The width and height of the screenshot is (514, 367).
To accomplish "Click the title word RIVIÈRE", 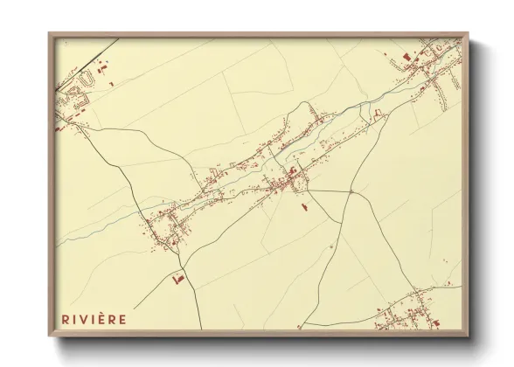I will click(94, 319).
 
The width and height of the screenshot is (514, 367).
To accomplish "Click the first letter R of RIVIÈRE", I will click(65, 319).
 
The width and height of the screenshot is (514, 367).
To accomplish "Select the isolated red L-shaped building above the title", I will click(178, 279).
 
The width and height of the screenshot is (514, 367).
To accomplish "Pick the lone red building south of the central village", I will click(304, 207).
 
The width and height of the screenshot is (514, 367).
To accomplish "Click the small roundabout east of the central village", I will click(351, 190).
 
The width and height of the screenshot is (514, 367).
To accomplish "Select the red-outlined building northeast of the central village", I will click(379, 114).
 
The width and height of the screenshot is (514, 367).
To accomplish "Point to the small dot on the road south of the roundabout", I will click(332, 247).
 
